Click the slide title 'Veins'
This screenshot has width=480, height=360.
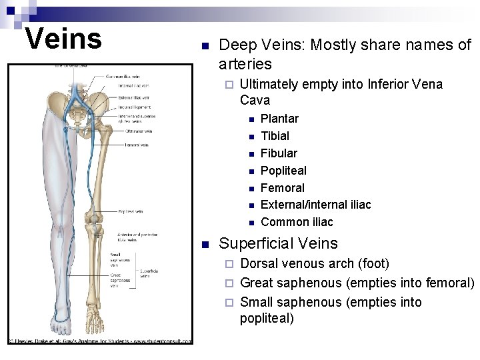point(63,38)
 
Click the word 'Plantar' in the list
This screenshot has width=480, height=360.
point(279,119)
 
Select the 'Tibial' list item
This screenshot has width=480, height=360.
point(275,136)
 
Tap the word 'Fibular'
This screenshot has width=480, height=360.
point(279,153)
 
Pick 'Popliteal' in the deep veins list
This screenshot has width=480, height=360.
point(283,171)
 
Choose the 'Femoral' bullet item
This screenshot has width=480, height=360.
point(282,188)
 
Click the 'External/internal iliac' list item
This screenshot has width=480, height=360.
point(315,205)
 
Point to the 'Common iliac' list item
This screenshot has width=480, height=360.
point(297,222)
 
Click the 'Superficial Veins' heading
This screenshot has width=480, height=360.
point(279,243)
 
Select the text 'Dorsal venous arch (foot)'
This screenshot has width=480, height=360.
point(315,263)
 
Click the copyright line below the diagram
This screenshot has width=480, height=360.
point(100,341)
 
